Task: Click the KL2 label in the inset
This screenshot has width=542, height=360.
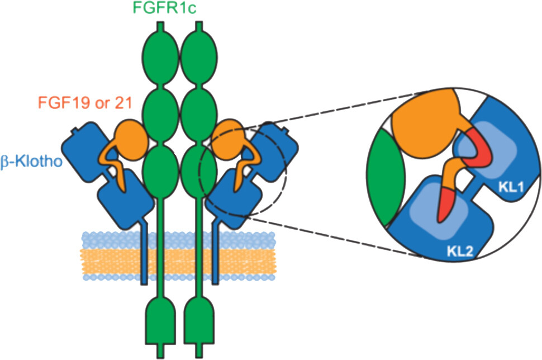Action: pyautogui.click(x=460, y=251)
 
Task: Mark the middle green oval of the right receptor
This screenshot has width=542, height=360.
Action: pyautogui.click(x=199, y=115)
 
